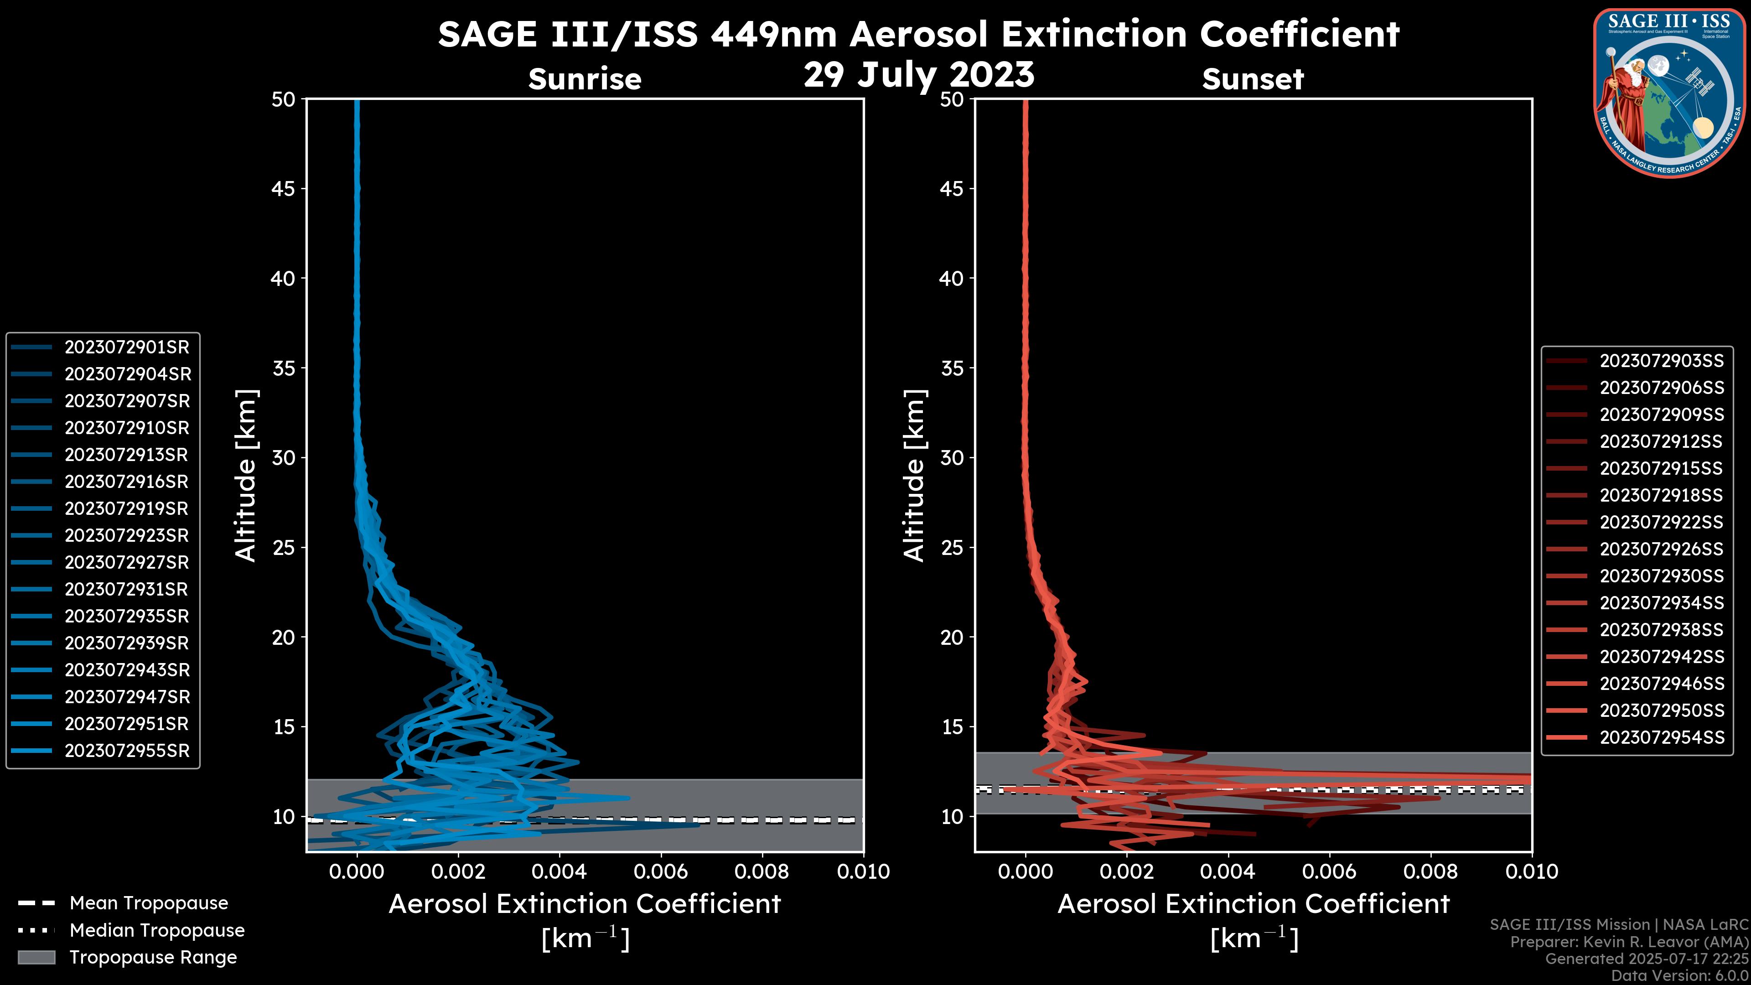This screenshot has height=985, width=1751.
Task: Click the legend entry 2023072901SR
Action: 126,347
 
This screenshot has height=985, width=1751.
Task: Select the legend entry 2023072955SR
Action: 126,751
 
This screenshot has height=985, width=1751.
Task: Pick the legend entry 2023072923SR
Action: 126,536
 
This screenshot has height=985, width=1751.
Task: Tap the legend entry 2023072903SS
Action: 1661,361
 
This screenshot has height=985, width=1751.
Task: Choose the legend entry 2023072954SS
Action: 1661,737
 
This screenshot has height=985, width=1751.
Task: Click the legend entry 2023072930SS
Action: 1661,576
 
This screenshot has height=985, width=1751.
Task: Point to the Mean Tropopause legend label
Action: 149,903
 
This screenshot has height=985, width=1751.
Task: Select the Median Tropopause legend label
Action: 157,931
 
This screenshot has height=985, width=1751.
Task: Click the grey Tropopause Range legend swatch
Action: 36,957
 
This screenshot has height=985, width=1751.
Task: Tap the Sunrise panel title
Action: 585,79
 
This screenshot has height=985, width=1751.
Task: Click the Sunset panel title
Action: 1253,79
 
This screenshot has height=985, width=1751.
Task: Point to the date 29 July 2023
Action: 918,75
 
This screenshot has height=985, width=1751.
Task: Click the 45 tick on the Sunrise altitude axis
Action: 284,189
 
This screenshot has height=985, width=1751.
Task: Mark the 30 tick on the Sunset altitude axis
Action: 952,458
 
